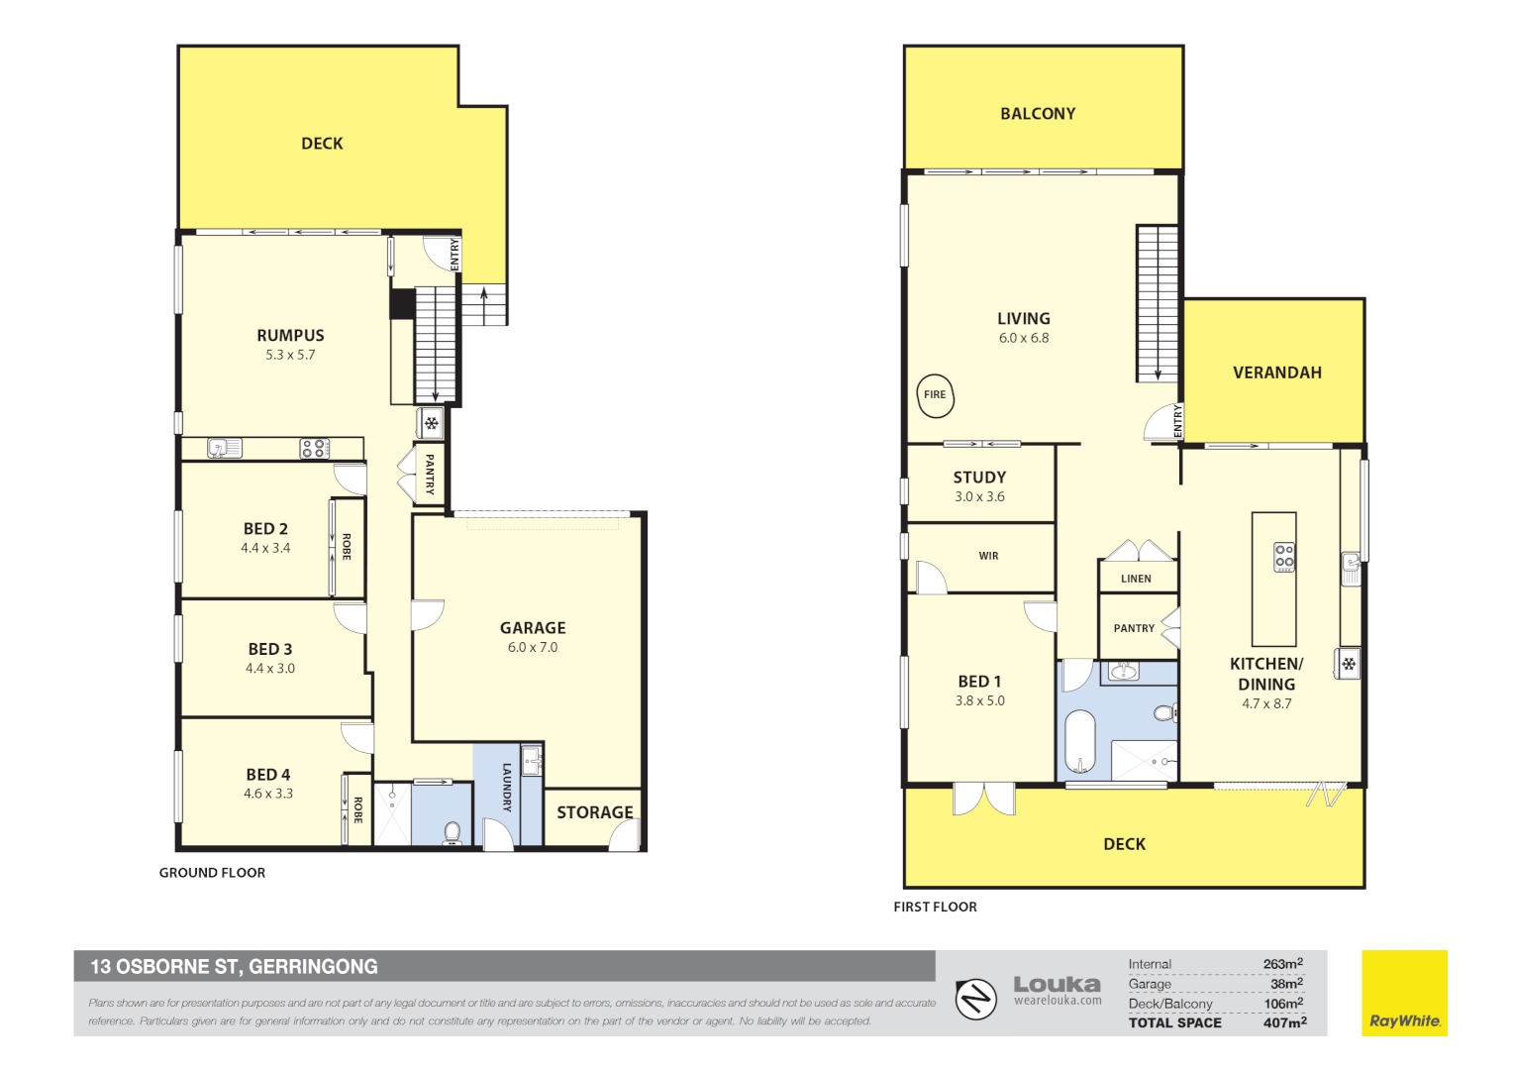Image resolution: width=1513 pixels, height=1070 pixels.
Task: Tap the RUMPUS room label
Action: [290, 335]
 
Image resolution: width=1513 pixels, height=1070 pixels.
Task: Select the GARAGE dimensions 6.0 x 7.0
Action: [533, 648]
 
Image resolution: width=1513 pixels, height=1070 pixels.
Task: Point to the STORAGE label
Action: [594, 812]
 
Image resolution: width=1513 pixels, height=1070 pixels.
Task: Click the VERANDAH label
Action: [1277, 373]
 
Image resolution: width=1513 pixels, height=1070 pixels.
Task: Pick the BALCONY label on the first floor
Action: [1038, 114]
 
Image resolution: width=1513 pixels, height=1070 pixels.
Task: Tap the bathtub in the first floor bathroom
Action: [1080, 741]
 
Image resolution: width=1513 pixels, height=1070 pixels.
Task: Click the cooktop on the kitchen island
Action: [1284, 557]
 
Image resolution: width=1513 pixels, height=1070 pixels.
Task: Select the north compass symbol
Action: [976, 999]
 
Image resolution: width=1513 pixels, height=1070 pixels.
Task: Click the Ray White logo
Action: [1405, 993]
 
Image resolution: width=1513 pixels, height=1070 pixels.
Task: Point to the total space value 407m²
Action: [1284, 1022]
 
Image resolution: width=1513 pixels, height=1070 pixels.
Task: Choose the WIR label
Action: [988, 556]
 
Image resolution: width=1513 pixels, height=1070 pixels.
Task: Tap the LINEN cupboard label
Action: [1136, 579]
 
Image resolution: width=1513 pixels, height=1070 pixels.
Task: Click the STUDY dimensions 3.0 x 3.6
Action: [979, 496]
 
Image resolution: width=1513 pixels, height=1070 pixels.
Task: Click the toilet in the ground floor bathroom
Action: [452, 833]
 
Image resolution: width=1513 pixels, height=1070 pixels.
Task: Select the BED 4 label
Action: [268, 775]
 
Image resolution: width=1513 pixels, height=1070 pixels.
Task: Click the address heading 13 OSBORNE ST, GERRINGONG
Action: [235, 967]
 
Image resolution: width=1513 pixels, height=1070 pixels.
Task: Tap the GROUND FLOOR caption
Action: [212, 873]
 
